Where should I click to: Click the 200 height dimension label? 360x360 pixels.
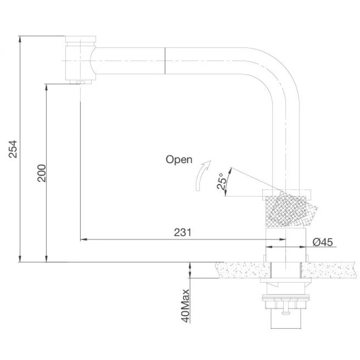pyautogui.click(x=42, y=173)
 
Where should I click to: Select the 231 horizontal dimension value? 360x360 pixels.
pyautogui.click(x=183, y=232)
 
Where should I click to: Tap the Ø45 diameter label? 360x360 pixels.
pyautogui.click(x=323, y=242)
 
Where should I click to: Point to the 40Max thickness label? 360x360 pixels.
pyautogui.click(x=185, y=306)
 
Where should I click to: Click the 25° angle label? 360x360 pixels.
pyautogui.click(x=221, y=181)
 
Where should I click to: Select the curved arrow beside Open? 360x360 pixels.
pyautogui.click(x=202, y=176)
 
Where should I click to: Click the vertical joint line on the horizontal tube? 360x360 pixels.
pyautogui.click(x=165, y=61)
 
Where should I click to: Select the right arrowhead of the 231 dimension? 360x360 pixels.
pyautogui.click(x=282, y=239)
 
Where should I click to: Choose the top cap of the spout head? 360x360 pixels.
pyautogui.click(x=81, y=39)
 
